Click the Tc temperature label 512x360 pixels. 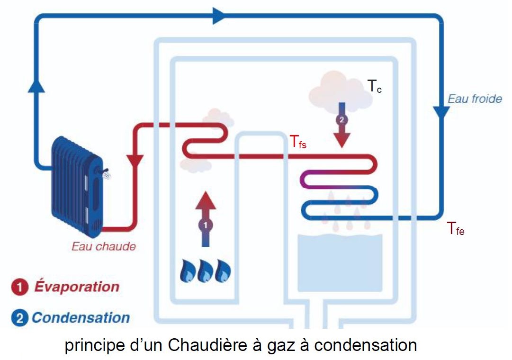click(x=374, y=86)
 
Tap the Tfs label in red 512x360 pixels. click(x=298, y=142)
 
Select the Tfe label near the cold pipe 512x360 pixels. click(x=456, y=229)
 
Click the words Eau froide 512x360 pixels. click(x=475, y=99)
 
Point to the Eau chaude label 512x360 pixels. click(x=104, y=246)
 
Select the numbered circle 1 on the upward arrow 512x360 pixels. click(x=205, y=225)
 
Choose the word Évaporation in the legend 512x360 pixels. click(x=77, y=287)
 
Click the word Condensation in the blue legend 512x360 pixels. click(x=81, y=317)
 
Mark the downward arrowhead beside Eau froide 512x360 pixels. click(x=442, y=112)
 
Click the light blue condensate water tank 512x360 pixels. click(x=340, y=263)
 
